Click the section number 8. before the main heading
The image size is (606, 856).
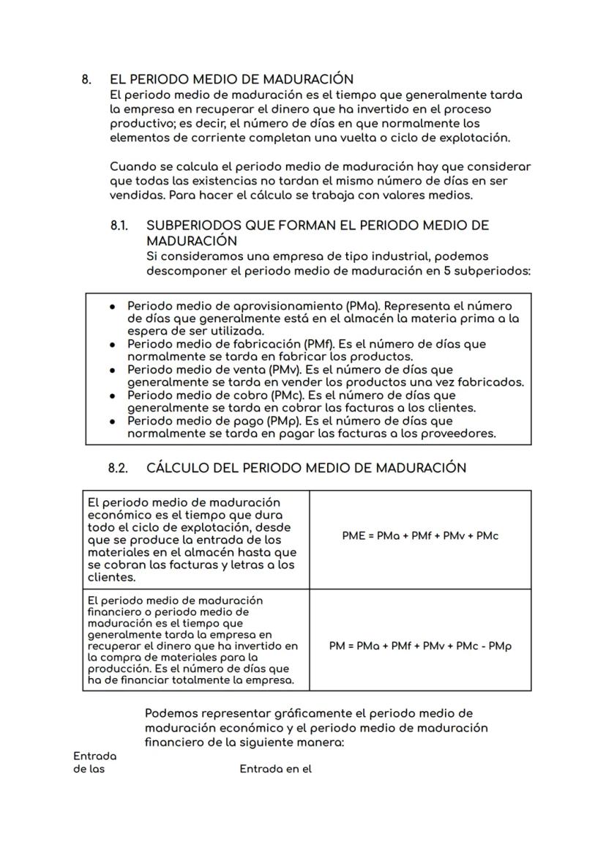point(86,79)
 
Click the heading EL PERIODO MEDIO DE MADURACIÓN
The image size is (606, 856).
point(231,79)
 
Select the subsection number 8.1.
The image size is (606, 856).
point(119,226)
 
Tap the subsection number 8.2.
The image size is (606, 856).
point(119,468)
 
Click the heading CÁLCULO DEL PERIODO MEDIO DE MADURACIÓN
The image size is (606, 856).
point(306,468)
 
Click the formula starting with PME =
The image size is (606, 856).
point(420,536)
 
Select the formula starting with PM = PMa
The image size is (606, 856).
point(420,647)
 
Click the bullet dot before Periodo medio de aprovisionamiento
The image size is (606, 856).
point(111,306)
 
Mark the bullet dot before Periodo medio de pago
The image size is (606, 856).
point(111,421)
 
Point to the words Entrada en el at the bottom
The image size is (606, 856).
point(275,769)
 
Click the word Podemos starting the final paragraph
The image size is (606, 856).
point(169,713)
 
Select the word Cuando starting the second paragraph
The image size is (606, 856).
point(132,167)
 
